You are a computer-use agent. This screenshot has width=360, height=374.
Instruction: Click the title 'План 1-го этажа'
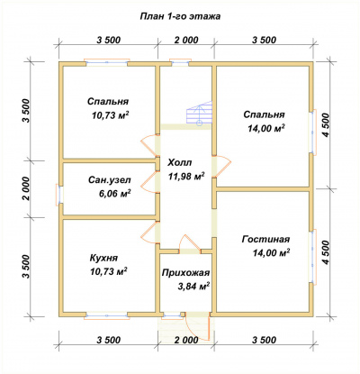pyautogui.click(x=180, y=16)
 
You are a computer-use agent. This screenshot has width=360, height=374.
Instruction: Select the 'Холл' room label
pyautogui.click(x=180, y=163)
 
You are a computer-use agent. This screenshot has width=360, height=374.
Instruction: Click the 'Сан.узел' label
pyautogui.click(x=109, y=180)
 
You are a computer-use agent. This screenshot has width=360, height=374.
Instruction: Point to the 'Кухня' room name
pyautogui.click(x=103, y=258)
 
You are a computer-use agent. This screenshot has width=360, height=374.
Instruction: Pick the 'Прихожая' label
pyautogui.click(x=185, y=273)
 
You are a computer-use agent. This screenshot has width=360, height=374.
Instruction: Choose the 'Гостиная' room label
pyautogui.click(x=265, y=239)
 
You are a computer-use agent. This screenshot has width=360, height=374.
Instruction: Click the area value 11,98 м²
pyautogui.click(x=186, y=177)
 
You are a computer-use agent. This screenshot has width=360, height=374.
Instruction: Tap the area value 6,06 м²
pyautogui.click(x=114, y=194)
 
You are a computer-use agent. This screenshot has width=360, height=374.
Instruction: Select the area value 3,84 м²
pyautogui.click(x=193, y=287)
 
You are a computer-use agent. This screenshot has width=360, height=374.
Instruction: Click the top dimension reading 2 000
pyautogui.click(x=185, y=40)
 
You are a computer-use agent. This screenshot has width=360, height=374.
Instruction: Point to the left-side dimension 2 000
pyautogui.click(x=26, y=188)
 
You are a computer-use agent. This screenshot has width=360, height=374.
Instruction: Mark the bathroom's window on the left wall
pyautogui.click(x=59, y=195)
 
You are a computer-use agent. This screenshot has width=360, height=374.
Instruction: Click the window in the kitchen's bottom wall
pyautogui.click(x=107, y=315)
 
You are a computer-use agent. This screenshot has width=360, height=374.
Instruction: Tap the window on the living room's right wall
pyautogui.click(x=313, y=257)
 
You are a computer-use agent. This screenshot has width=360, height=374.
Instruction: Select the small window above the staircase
pyautogui.click(x=179, y=62)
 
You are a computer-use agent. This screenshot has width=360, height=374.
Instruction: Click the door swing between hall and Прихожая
pyautogui.click(x=190, y=243)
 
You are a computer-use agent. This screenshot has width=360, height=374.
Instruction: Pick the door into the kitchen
pyautogui.click(x=149, y=233)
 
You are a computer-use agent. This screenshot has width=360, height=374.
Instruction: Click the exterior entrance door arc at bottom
pyautogui.click(x=196, y=326)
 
